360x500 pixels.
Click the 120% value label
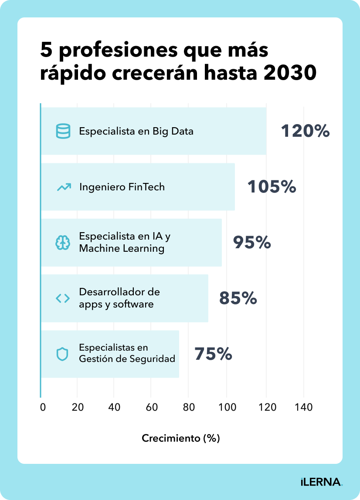(305, 131)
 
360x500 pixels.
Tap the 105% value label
(272, 187)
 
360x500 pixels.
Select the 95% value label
(252, 243)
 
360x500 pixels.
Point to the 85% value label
(238, 298)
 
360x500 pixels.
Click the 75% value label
(213, 354)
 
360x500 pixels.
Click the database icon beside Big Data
(63, 131)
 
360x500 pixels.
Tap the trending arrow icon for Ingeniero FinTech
(63, 187)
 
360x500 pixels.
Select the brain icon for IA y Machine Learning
(63, 243)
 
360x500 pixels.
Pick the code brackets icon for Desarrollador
(63, 298)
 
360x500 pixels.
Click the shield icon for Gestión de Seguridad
(63, 354)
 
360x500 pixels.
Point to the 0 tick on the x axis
(43, 407)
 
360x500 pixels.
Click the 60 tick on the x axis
(151, 407)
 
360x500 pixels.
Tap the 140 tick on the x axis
(304, 407)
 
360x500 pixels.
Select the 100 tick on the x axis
(228, 407)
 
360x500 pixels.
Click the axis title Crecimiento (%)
(181, 438)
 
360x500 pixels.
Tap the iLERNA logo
(322, 482)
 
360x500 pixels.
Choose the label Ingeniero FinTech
(122, 187)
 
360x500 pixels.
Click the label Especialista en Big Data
(136, 131)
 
